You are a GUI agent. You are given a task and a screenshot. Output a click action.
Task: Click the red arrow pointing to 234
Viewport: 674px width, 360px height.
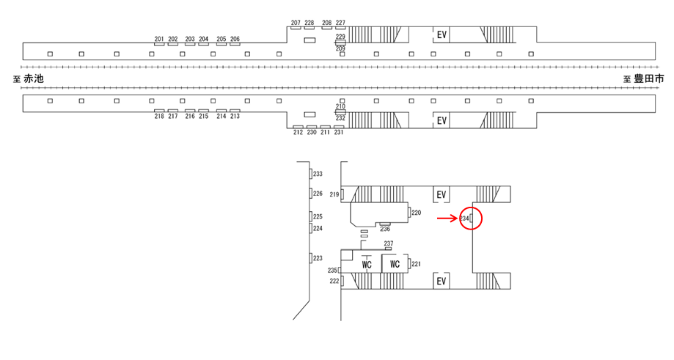pos(447,218)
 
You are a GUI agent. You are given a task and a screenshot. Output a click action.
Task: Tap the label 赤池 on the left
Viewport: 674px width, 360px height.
pos(34,78)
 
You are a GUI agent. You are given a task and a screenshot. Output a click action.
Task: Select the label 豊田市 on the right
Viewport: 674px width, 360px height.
pos(649,78)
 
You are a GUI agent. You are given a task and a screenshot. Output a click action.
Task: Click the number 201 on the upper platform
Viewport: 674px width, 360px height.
pos(159,39)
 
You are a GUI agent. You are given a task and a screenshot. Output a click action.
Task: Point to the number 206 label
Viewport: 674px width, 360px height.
pos(235,39)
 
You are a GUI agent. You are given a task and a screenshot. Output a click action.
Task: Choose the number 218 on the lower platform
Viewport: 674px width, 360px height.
pos(159,116)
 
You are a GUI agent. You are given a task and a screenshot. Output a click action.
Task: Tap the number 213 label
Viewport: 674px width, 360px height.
pos(235,116)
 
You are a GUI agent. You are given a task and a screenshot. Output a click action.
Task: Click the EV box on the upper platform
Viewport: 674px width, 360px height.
pos(442,34)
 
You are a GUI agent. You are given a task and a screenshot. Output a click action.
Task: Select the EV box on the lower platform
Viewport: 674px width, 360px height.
pos(442,120)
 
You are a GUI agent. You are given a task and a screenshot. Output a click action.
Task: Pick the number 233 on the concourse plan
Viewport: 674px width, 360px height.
pos(318,174)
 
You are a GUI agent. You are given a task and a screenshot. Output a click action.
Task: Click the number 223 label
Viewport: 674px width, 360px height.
pos(318,258)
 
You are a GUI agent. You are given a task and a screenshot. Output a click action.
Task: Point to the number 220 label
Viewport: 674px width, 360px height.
pos(416,213)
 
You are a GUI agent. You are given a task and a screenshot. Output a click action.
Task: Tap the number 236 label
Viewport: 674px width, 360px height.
pos(385,229)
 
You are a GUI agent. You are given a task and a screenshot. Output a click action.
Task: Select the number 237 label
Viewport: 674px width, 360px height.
pos(389,243)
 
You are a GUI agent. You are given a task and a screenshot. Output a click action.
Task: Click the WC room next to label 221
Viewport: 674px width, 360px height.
pos(395,263)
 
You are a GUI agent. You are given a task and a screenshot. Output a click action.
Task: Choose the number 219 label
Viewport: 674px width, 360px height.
pos(334,194)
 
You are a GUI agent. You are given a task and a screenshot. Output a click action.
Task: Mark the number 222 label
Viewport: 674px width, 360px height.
pos(334,281)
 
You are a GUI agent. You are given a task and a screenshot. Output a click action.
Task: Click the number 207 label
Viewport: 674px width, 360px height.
pos(296,23)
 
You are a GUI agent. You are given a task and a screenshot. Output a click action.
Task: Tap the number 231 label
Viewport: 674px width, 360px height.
pos(339,132)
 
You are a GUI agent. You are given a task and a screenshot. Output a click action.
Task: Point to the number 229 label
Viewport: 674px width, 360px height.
pos(340,37)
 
